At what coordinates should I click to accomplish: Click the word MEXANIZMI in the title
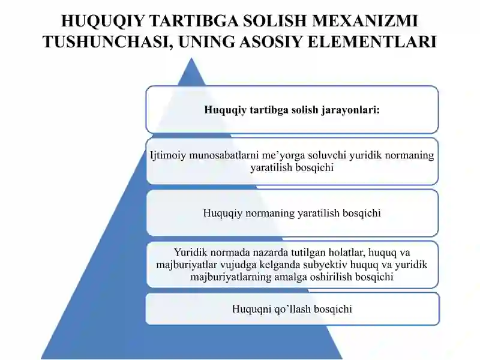[365, 21]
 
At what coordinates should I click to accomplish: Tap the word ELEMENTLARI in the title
[372, 41]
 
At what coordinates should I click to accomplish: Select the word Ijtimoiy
[168, 155]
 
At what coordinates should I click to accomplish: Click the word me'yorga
[283, 156]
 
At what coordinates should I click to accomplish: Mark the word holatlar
[346, 252]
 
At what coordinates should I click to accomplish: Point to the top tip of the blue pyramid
[191, 58]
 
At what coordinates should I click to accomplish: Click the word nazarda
[271, 252]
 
